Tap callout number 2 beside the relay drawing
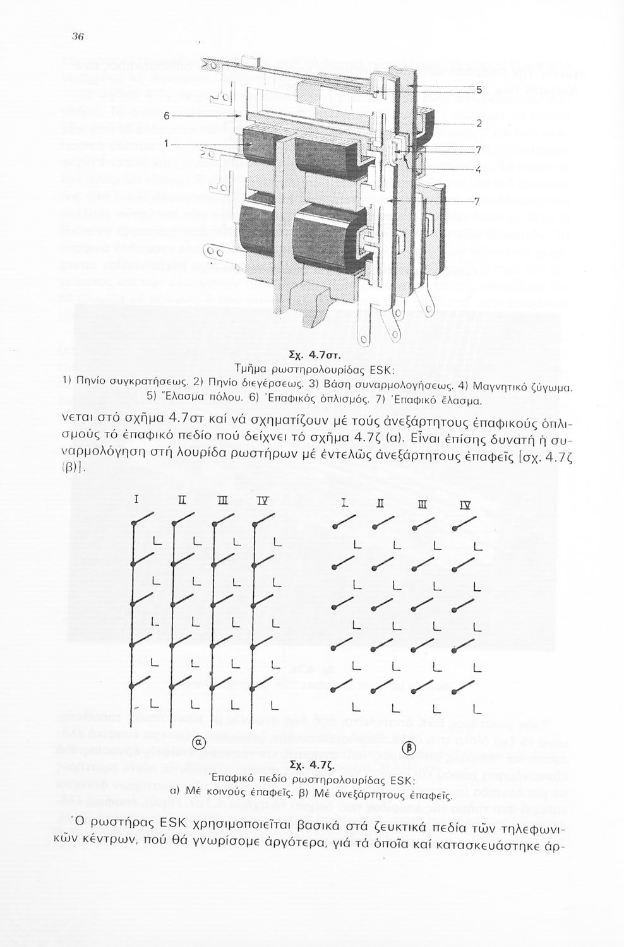[479, 124]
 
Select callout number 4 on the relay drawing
[479, 169]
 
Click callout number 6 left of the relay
[167, 116]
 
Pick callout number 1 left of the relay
[165, 144]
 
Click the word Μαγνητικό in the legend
[502, 384]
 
